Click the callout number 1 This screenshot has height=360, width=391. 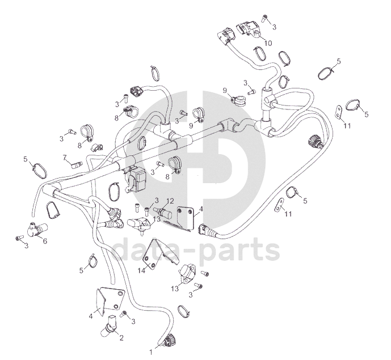[150, 352]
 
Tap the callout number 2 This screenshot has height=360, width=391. [121, 338]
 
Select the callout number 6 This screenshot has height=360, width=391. [45, 241]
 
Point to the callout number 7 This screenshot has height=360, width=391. [65, 158]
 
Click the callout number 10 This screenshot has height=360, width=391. [268, 43]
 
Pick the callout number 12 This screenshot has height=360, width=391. [170, 201]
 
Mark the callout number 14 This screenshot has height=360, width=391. [141, 270]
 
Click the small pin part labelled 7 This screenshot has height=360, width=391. [77, 164]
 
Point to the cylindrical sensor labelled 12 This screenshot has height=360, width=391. [162, 212]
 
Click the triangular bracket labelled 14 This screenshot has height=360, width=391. [159, 253]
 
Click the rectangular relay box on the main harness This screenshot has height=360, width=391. [137, 179]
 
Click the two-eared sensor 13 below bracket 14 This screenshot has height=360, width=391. [187, 272]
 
